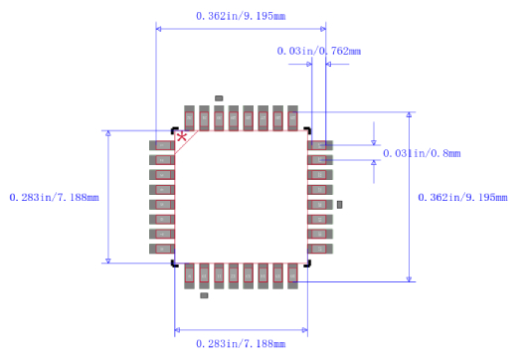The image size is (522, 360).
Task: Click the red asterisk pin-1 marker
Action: pyautogui.click(x=182, y=137)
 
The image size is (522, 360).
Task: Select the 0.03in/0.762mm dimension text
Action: pyautogui.click(x=318, y=51)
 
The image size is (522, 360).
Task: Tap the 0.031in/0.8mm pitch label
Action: pyautogui.click(x=422, y=153)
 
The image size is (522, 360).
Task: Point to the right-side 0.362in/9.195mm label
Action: pyautogui.click(x=464, y=197)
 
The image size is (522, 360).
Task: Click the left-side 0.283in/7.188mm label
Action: pyautogui.click(x=54, y=197)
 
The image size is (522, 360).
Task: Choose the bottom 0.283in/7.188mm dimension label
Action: pyautogui.click(x=240, y=343)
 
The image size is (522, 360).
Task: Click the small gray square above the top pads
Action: pyautogui.click(x=219, y=98)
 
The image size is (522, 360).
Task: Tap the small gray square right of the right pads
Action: pyautogui.click(x=340, y=204)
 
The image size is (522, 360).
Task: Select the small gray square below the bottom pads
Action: pyautogui.click(x=204, y=295)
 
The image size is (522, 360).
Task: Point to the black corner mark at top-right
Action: pyautogui.click(x=307, y=131)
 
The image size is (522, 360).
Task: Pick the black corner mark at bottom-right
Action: pyautogui.click(x=307, y=264)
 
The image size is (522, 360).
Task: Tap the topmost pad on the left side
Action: pyautogui.click(x=162, y=145)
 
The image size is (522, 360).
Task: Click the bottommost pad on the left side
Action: pyautogui.click(x=162, y=249)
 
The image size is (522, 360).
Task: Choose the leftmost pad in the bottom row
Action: pyautogui.click(x=189, y=275)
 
